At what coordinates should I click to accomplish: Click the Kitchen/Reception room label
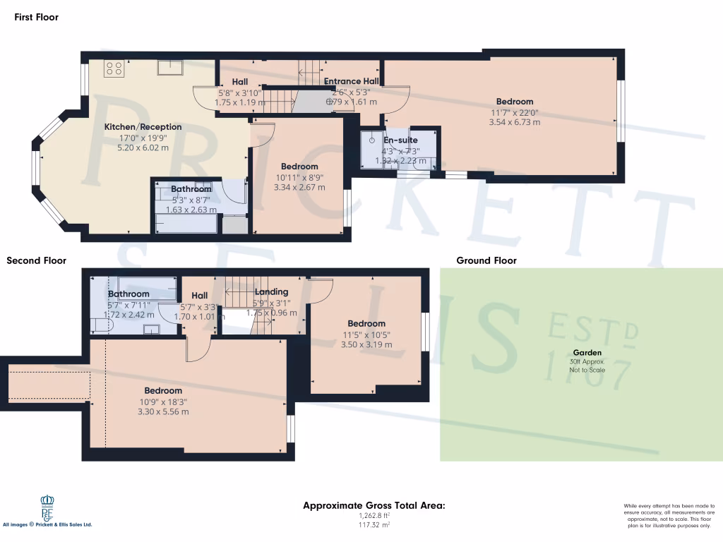coord(143,127)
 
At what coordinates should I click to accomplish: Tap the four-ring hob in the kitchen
coord(114,68)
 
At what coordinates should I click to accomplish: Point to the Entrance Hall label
coord(352,82)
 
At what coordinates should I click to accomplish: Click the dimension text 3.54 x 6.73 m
coord(514,122)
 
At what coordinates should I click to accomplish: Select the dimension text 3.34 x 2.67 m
coord(299,188)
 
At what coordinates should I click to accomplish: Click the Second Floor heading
coord(36,260)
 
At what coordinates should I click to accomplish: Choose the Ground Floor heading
coord(486,260)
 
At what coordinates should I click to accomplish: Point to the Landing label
coord(271,292)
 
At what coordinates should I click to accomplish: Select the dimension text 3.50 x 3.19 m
coord(366,345)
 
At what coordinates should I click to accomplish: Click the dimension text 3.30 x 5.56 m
coord(163,411)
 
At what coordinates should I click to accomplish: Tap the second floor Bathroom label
coord(129,294)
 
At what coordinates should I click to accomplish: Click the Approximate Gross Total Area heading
coord(374,505)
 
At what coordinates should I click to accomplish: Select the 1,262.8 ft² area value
coord(375,516)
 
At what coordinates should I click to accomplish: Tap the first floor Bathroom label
coord(191,189)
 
